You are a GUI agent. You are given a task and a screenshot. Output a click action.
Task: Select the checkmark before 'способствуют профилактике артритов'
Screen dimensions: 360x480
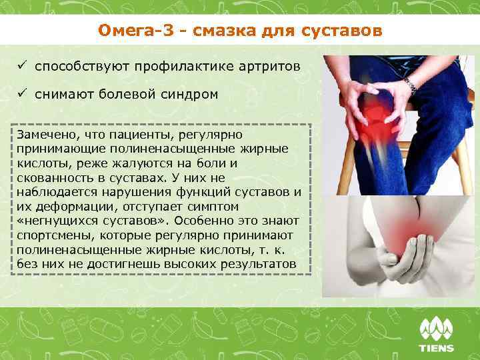tap(22, 67)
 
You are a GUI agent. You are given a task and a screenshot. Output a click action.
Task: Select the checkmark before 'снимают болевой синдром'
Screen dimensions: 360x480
tap(22, 95)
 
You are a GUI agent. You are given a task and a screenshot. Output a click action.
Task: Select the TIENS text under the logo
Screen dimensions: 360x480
tap(437, 347)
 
